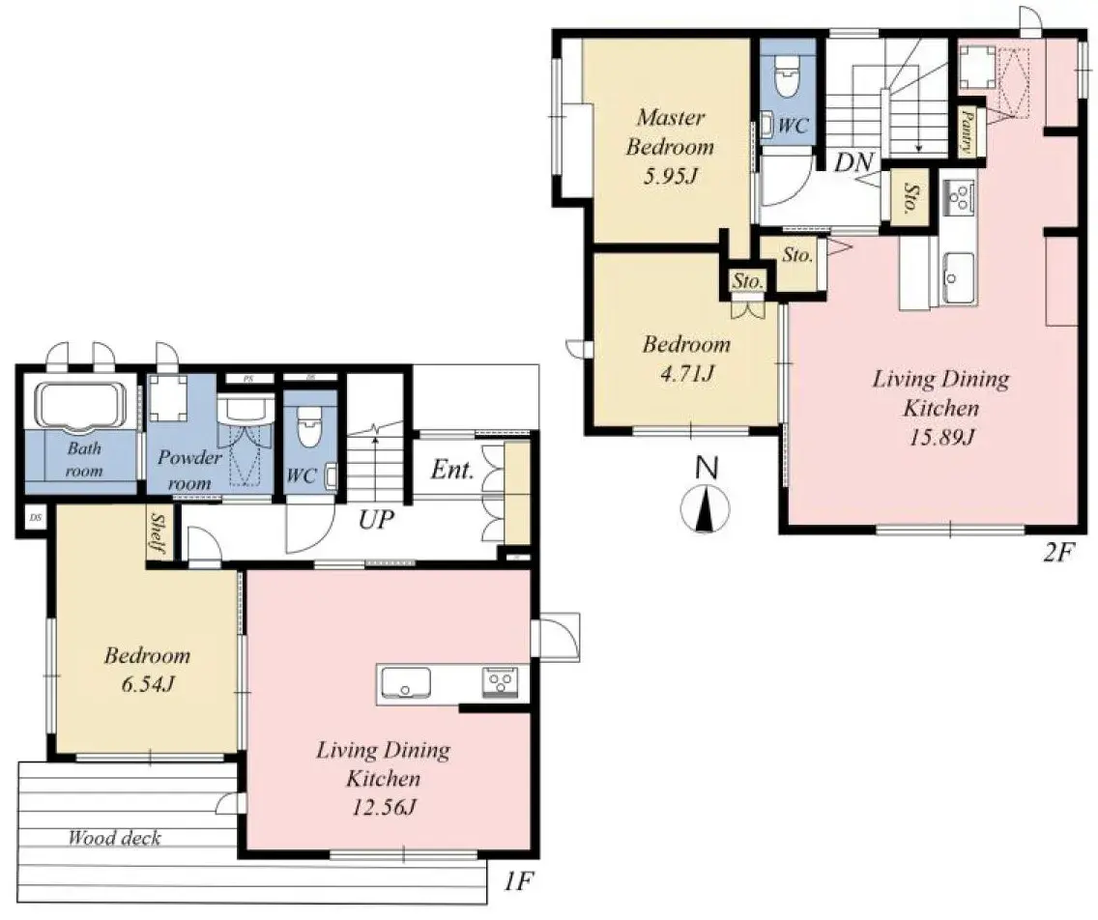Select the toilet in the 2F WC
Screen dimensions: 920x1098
[787, 74]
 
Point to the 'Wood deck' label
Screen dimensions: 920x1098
[114, 838]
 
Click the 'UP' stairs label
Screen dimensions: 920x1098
[376, 521]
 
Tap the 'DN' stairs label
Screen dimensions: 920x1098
[854, 162]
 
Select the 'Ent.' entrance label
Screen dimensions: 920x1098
[451, 472]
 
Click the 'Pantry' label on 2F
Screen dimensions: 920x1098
[967, 130]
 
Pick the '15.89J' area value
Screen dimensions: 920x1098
[940, 437]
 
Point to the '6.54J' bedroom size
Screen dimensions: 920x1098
[147, 684]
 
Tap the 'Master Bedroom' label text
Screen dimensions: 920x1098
[670, 132]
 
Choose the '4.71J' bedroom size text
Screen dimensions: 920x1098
[687, 373]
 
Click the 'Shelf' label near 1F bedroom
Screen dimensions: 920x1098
[158, 532]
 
